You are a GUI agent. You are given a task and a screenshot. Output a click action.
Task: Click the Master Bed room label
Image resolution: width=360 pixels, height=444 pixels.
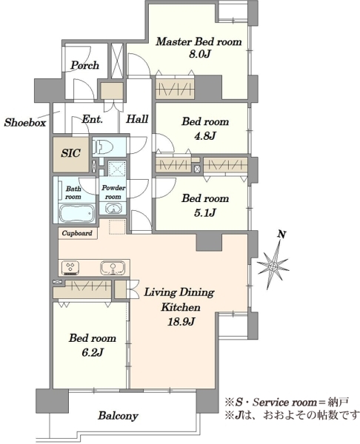click(199, 41)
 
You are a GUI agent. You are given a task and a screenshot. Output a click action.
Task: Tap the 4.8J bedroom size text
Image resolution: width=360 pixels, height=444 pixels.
click(205, 136)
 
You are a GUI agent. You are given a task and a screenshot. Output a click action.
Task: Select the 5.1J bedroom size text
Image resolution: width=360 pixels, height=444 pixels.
click(205, 212)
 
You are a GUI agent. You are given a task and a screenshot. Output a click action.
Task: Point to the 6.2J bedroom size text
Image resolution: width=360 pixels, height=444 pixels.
click(93, 352)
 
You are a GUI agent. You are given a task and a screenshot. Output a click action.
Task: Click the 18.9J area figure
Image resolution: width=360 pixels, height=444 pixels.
click(181, 321)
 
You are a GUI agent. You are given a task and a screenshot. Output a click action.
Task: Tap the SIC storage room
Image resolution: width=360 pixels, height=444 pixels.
click(71, 155)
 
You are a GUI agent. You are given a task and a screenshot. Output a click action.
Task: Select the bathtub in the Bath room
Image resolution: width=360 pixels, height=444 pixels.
click(76, 213)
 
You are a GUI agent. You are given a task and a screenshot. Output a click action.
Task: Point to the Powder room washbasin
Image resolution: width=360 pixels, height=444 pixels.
click(113, 209)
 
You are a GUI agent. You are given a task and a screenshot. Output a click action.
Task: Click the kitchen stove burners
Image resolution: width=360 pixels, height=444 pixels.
click(70, 268)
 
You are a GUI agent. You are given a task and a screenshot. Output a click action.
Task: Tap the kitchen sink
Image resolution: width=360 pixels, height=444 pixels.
click(113, 268)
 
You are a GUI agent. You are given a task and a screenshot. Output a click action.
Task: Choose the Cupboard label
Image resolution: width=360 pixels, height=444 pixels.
click(77, 233)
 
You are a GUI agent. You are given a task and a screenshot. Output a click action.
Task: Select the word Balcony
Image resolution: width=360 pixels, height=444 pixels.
click(119, 416)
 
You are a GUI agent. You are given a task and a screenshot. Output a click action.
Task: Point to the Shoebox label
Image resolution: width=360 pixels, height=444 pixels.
click(25, 122)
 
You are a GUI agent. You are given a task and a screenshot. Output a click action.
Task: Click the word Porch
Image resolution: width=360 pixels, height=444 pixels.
click(85, 65)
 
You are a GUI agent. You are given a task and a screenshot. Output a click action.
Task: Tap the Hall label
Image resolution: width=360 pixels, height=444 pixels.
click(137, 118)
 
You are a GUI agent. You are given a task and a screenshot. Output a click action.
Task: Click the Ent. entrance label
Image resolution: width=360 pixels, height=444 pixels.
click(92, 119)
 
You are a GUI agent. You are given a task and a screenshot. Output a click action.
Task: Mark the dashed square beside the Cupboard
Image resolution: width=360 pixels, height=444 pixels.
click(117, 227)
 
